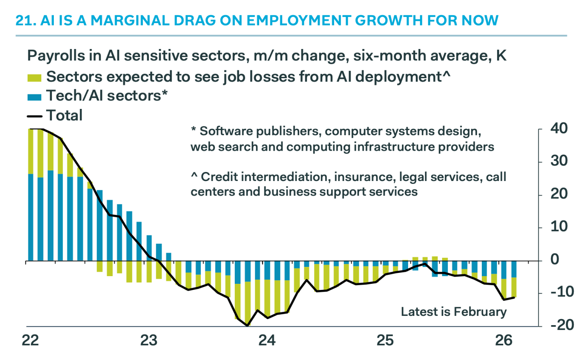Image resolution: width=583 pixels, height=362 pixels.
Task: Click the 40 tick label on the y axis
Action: tap(559, 128)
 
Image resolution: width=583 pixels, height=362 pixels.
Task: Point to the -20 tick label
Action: tap(562, 325)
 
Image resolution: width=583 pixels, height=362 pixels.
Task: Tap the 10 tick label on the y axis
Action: tap(559, 226)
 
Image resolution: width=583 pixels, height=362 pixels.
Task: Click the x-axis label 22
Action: tap(30, 341)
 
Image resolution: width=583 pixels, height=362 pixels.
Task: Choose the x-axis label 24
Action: tap(267, 341)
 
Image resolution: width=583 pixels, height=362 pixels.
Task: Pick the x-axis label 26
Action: tap(504, 341)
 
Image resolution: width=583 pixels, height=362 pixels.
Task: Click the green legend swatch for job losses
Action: tap(34, 77)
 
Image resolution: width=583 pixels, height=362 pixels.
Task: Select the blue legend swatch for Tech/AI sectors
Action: tap(34, 97)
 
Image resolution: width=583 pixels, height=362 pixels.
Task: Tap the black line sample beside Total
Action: tap(34, 116)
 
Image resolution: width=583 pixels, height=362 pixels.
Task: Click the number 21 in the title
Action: tap(23, 20)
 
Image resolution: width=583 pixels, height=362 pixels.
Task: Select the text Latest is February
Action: tap(453, 311)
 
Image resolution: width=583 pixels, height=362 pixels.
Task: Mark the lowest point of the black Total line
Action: tap(247, 325)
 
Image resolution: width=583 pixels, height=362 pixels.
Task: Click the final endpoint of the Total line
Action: tap(514, 298)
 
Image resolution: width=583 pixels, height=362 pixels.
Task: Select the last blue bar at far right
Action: tap(514, 269)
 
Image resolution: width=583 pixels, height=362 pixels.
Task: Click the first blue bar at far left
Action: tap(31, 217)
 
